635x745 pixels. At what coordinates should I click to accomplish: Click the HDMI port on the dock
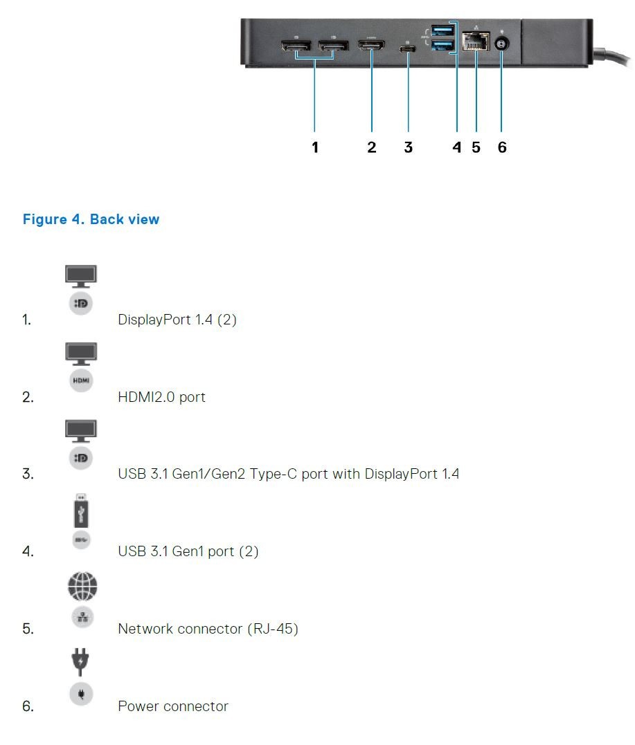coord(371,46)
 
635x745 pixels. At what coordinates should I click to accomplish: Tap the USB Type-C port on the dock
coord(408,48)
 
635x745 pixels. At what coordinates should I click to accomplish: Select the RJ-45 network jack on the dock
coord(476,42)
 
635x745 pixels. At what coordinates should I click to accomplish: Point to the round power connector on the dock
coord(501,44)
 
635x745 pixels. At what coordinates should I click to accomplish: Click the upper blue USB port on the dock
coord(442,30)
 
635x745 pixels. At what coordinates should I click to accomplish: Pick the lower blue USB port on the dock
coord(442,46)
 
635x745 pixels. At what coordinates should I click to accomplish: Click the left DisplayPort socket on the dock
coord(296,46)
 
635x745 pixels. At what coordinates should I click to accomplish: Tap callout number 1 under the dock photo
coord(315,147)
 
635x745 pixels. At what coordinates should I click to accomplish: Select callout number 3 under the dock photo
coord(408,147)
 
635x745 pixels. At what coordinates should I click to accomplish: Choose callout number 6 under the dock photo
coord(502,147)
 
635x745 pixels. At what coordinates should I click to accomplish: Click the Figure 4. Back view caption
coord(91,219)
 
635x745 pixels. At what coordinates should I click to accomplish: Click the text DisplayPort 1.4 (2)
coord(177,320)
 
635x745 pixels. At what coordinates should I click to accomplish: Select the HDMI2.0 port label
coord(162,397)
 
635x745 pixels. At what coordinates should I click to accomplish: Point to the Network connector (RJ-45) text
coord(208,629)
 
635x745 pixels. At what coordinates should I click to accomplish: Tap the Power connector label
coord(173,706)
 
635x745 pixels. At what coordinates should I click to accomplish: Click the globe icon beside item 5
coord(82,587)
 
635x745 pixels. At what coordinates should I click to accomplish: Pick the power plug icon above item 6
coord(80,661)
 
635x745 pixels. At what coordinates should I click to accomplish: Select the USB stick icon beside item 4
coord(81,511)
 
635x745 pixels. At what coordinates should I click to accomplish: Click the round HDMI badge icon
coord(81,380)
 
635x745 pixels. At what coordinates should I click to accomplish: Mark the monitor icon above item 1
coord(81,276)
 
